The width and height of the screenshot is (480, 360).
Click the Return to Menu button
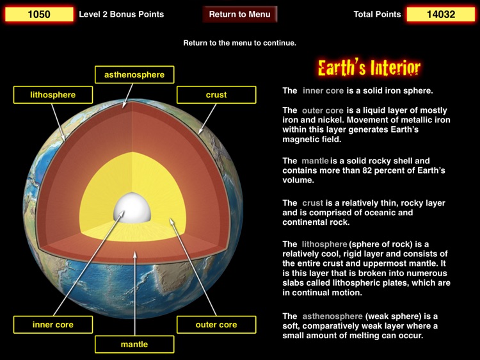coord(240,14)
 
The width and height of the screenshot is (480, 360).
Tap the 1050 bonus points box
coord(39,14)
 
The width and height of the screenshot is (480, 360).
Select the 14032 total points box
coord(441,14)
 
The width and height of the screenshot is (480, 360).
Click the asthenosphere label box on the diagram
coord(134,74)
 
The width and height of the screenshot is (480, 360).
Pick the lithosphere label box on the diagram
coord(53,95)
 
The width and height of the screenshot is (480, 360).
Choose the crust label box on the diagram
coord(216,95)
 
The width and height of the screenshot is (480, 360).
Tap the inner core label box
coord(53,325)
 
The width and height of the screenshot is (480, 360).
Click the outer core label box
coord(216,325)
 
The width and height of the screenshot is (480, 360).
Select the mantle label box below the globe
coord(134,344)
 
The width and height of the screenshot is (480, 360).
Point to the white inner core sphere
coord(132,207)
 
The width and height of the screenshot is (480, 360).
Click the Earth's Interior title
coord(369,68)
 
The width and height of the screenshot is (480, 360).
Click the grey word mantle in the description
coord(315,161)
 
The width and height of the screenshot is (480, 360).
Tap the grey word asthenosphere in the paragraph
coord(332,316)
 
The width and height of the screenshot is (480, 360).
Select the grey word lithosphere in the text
coord(324,244)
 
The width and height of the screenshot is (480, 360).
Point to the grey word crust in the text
coord(312,203)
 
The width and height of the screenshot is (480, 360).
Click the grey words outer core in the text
coord(323,110)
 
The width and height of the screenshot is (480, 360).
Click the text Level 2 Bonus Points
coord(121,14)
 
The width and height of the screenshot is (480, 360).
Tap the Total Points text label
coord(377,14)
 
